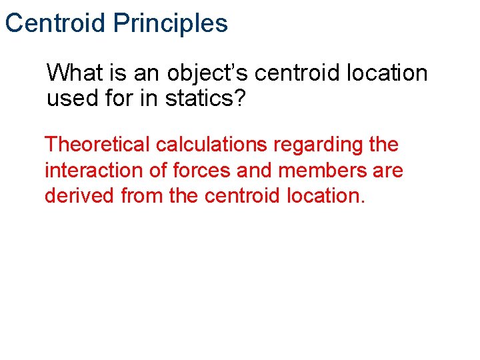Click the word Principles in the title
[170, 23]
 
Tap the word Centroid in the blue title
[55, 23]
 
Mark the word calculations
[214, 144]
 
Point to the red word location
[326, 197]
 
